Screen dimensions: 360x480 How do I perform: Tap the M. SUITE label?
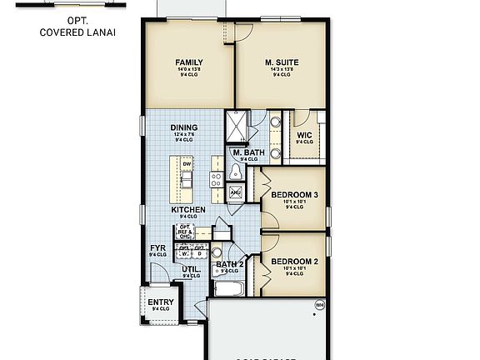(282, 62)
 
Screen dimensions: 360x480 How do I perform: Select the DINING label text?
(184, 127)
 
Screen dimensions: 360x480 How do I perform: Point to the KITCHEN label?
(188, 210)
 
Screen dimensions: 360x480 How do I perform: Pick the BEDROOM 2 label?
(295, 261)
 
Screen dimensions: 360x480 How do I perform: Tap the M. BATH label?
(248, 152)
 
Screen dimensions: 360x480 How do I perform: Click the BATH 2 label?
(229, 265)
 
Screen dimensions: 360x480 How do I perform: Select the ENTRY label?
(161, 302)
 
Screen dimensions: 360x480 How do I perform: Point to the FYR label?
(157, 248)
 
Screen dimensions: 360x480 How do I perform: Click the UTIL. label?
(191, 269)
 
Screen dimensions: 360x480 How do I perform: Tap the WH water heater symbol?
(319, 305)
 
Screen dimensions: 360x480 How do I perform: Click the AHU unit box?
(235, 193)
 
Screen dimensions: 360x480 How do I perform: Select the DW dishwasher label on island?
(186, 164)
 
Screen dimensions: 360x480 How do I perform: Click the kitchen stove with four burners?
(217, 177)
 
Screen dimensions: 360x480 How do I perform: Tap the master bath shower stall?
(237, 127)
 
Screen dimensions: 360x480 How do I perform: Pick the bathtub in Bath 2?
(227, 290)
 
